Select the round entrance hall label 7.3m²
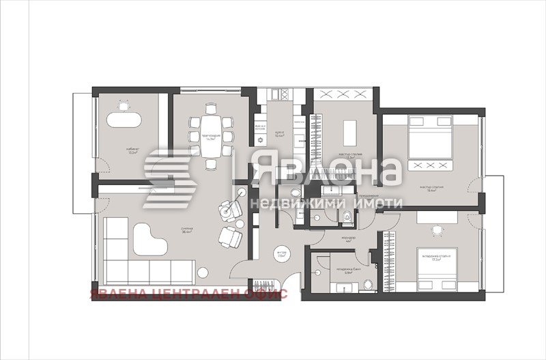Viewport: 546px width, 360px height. click(x=282, y=253)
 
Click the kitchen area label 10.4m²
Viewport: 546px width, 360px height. click(x=278, y=135)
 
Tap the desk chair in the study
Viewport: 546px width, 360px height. click(x=124, y=106)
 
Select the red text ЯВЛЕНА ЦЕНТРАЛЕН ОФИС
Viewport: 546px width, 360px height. click(x=188, y=294)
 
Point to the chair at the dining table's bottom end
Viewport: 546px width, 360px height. click(x=208, y=165)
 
